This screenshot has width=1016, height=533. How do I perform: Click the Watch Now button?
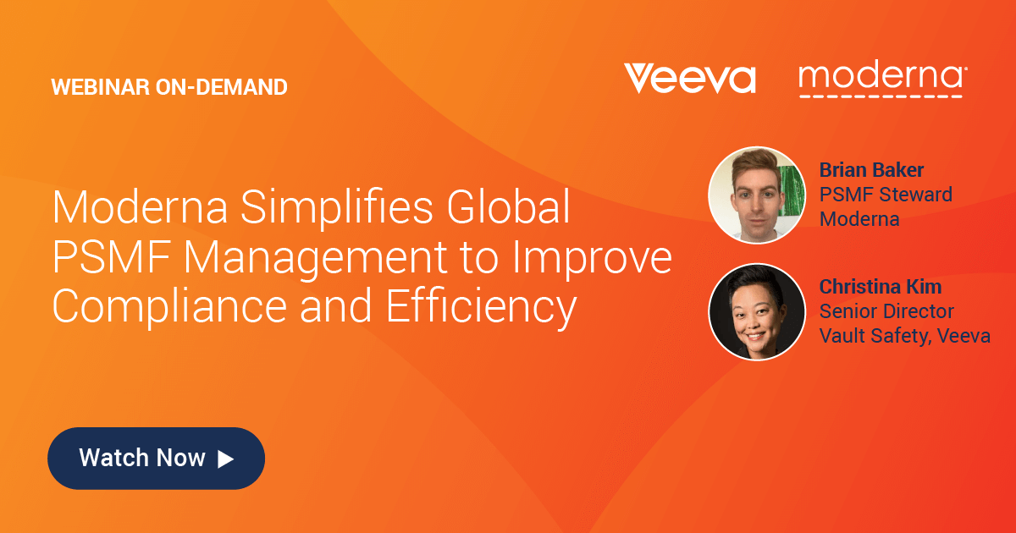(x=156, y=459)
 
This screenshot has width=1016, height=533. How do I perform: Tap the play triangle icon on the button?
(x=225, y=459)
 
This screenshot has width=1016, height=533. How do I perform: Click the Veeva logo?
(x=689, y=78)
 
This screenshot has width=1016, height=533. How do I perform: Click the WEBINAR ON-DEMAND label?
(x=169, y=86)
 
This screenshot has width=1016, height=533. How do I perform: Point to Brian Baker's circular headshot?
(x=755, y=195)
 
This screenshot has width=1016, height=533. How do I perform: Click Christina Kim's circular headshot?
(x=755, y=311)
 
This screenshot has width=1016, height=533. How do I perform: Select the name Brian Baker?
(x=871, y=170)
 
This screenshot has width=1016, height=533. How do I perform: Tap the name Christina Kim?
(x=881, y=287)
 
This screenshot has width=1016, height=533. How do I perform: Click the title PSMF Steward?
(x=886, y=195)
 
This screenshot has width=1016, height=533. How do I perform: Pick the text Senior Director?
(x=886, y=311)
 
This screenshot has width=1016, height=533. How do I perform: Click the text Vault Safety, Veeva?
(x=904, y=336)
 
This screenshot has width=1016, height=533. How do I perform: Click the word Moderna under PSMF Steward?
(x=859, y=219)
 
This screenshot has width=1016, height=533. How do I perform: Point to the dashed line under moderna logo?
(x=881, y=96)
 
